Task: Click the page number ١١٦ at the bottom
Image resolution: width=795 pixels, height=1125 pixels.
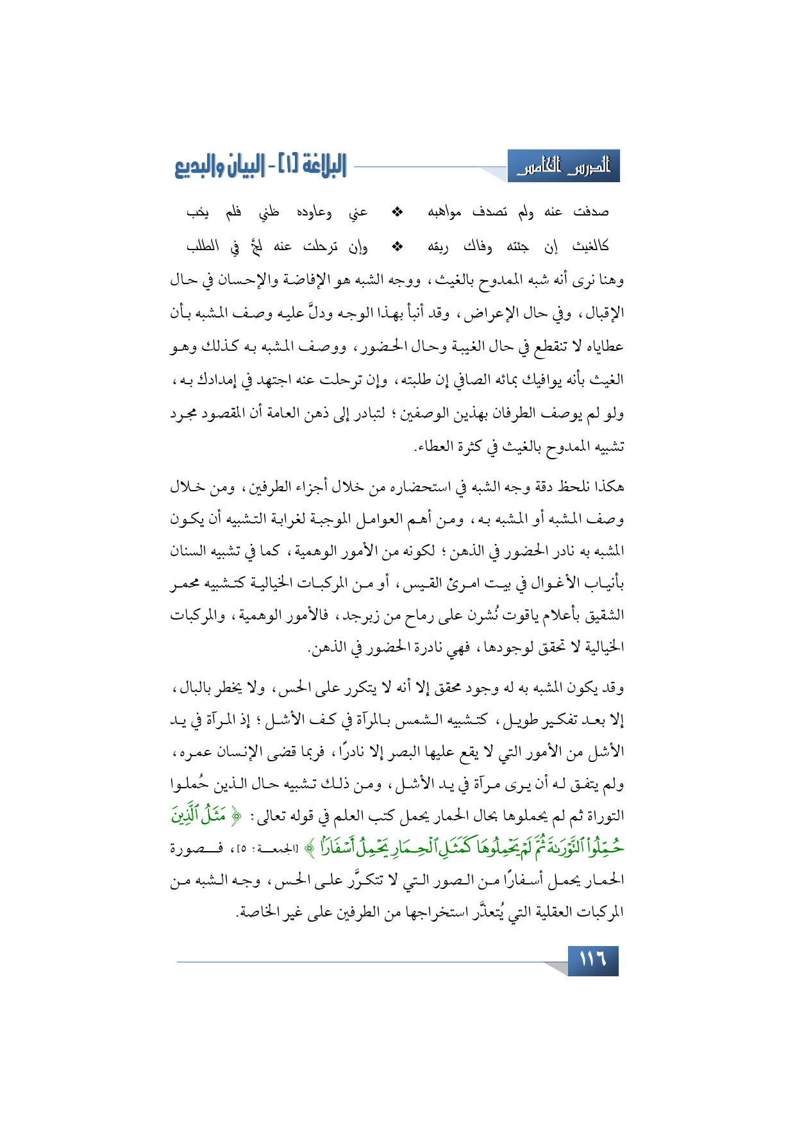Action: (x=592, y=960)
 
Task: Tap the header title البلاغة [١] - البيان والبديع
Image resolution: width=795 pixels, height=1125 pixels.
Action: (x=260, y=167)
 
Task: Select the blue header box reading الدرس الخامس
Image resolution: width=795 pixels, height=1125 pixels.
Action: (x=564, y=167)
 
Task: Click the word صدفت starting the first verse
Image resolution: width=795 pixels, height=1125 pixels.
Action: (x=591, y=212)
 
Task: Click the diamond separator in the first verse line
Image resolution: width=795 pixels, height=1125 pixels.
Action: (x=397, y=212)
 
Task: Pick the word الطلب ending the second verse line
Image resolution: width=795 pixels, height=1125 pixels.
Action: (x=203, y=246)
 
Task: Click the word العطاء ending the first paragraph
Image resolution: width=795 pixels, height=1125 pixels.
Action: (x=431, y=446)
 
